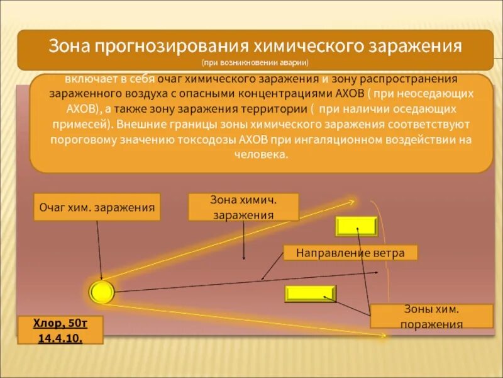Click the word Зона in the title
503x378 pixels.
(70, 47)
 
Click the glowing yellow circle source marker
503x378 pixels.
(101, 292)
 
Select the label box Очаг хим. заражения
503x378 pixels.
(97, 207)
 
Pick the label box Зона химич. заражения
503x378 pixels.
(243, 207)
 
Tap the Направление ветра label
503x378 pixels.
(350, 253)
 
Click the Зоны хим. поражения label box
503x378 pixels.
(431, 316)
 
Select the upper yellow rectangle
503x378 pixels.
(357, 226)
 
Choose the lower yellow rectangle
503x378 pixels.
(311, 294)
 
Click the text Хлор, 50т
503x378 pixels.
(60, 324)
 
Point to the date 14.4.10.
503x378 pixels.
(60, 338)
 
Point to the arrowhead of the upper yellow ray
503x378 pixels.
(353, 202)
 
